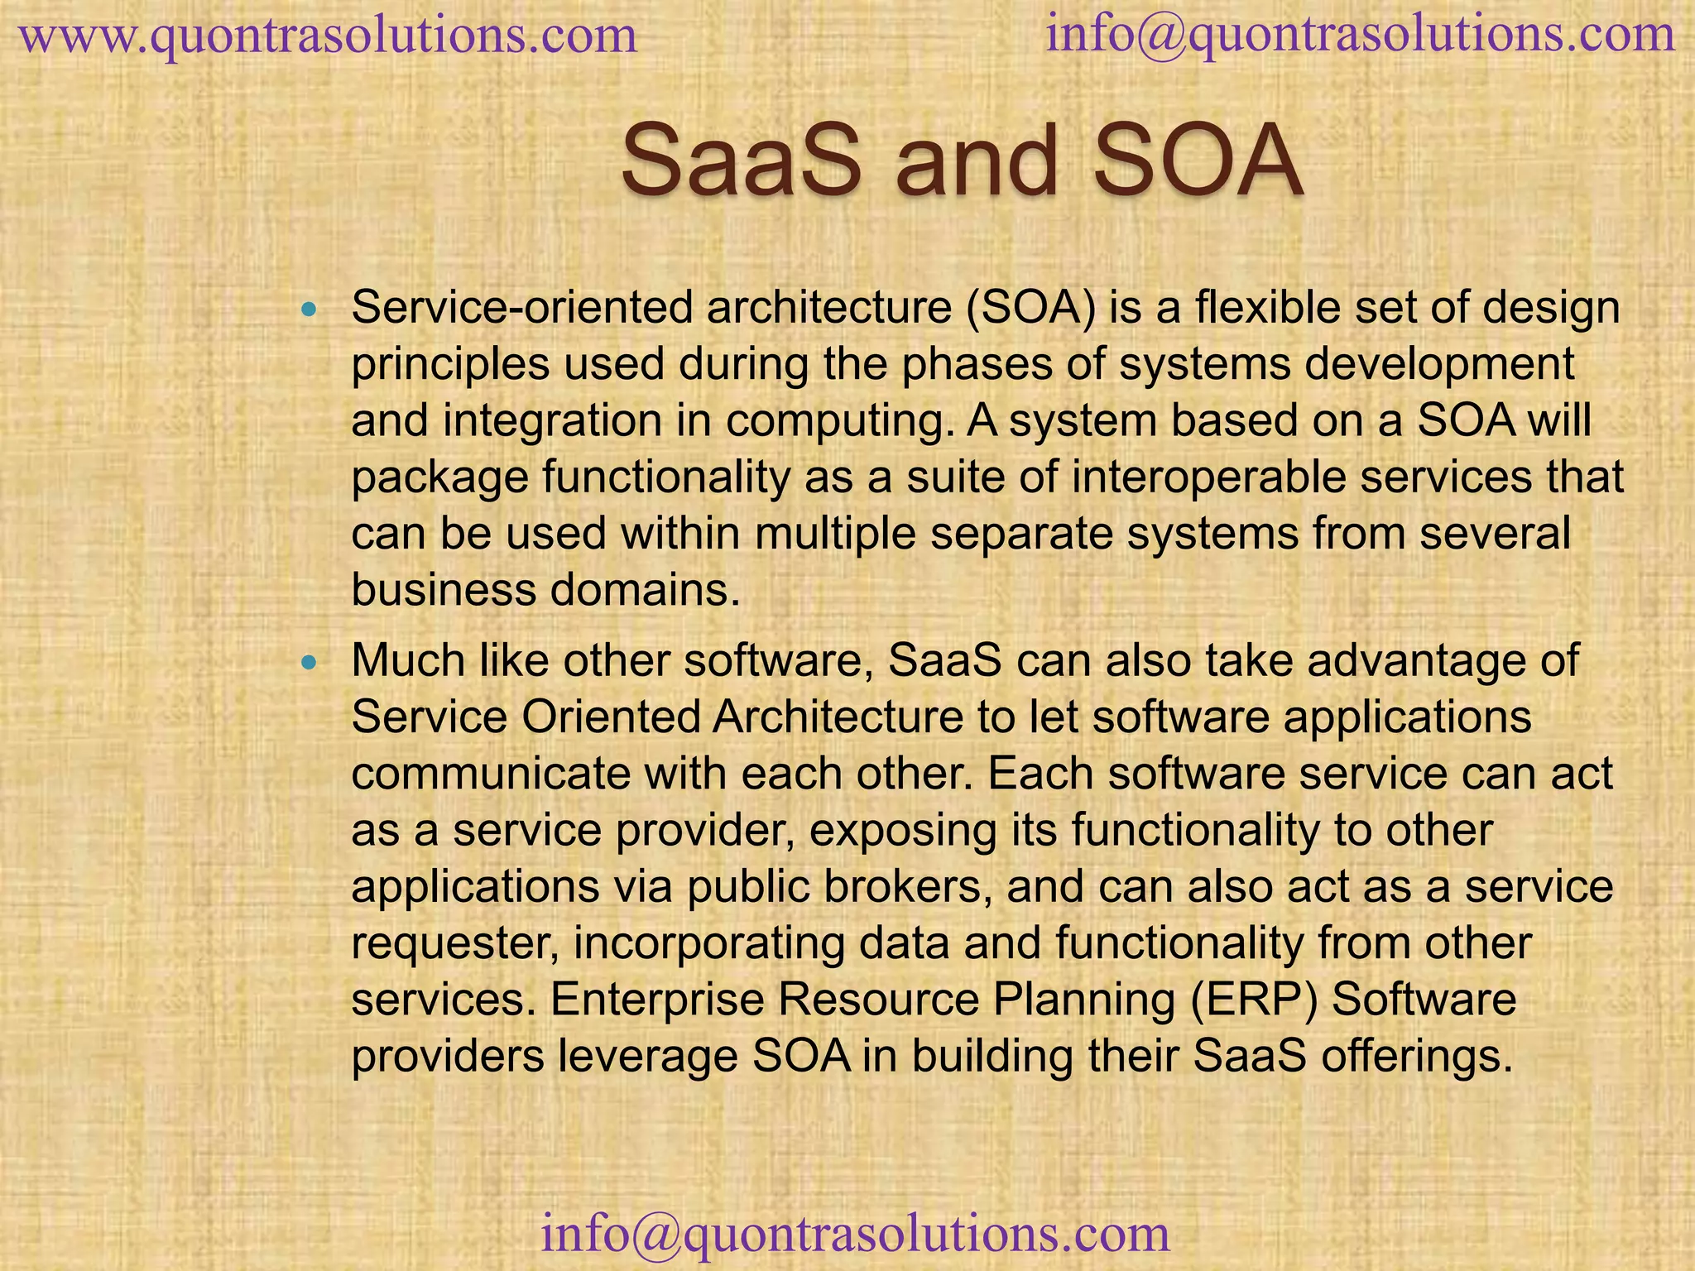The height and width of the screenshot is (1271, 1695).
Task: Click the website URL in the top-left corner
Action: (328, 37)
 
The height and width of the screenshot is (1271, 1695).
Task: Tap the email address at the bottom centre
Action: (855, 1233)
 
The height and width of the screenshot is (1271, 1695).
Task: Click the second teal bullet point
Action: (310, 663)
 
